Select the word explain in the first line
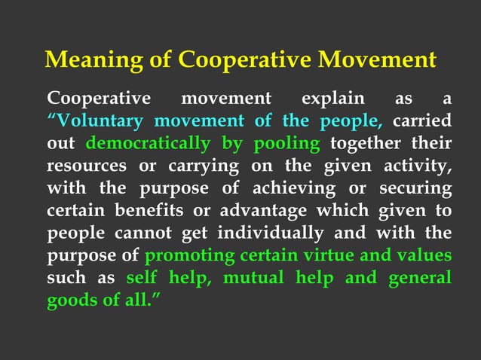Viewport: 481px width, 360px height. [x=332, y=99]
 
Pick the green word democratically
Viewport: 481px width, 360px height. [x=148, y=143]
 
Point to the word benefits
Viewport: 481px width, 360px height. [x=148, y=209]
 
